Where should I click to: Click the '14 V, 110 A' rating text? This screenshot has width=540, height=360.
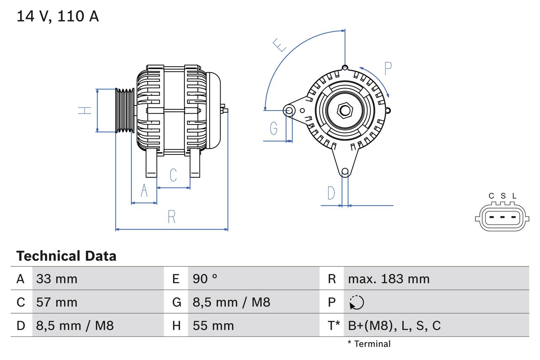(x=57, y=16)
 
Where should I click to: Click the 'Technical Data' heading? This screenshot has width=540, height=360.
(x=66, y=256)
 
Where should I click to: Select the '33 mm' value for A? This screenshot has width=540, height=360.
(x=57, y=279)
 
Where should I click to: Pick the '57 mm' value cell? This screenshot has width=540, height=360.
(x=57, y=302)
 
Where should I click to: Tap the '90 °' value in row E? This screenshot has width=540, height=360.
(x=205, y=279)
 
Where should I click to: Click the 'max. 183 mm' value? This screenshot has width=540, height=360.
(x=389, y=279)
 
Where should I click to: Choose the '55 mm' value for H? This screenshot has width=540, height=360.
(x=213, y=326)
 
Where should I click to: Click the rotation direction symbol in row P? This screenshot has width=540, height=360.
(x=356, y=302)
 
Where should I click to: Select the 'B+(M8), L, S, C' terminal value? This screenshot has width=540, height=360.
(x=394, y=326)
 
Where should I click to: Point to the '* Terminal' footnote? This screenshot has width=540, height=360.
(x=369, y=344)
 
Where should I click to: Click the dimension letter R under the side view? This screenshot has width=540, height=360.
(x=171, y=217)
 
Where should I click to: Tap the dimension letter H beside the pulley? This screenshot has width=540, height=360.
(x=85, y=110)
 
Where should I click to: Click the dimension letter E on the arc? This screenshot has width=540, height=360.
(x=279, y=45)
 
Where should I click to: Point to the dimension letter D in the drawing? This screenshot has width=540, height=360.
(x=331, y=193)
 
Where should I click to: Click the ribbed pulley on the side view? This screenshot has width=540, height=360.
(x=125, y=110)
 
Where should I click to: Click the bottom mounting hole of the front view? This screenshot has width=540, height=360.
(x=345, y=171)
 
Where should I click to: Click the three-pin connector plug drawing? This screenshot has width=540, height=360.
(x=502, y=218)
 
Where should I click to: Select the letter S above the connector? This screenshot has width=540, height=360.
(x=503, y=196)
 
